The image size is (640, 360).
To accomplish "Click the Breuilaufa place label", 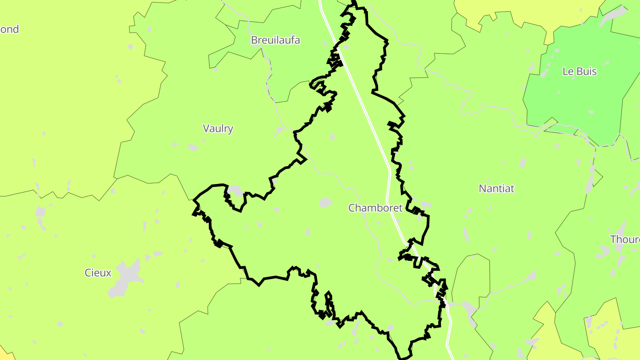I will point(275,40).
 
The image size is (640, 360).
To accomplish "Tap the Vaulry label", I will point(218,128).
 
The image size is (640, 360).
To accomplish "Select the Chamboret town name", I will point(375,208).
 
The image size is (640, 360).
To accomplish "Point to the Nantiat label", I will point(496,188).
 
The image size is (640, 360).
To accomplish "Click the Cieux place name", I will point(98,272).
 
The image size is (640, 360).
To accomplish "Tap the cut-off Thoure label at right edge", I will point(624,239).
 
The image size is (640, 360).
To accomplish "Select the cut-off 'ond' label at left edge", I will point(9,29).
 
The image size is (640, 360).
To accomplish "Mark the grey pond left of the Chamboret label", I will point(326,203).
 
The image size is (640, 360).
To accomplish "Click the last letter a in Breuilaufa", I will point(297,40).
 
